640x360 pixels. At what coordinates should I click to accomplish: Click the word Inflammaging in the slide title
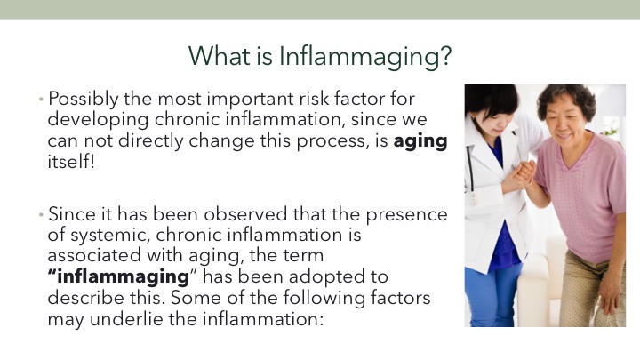tap(365, 56)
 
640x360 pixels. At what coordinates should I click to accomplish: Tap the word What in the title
tap(220, 55)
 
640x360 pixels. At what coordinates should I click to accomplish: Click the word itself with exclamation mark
tap(71, 162)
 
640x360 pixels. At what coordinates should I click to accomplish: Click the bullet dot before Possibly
tap(41, 100)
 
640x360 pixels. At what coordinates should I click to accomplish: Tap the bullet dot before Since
tap(41, 214)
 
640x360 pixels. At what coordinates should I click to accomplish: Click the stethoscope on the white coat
tap(471, 175)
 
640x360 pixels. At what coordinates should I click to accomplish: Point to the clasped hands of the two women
tap(524, 173)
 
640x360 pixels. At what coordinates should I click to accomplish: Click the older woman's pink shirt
tap(584, 196)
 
